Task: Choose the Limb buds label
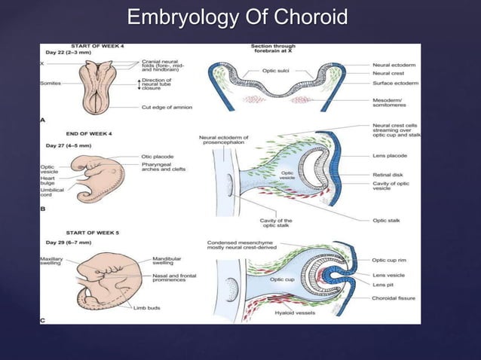(x=148, y=308)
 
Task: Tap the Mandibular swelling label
(x=167, y=261)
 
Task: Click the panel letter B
(x=42, y=214)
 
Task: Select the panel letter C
(x=43, y=320)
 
